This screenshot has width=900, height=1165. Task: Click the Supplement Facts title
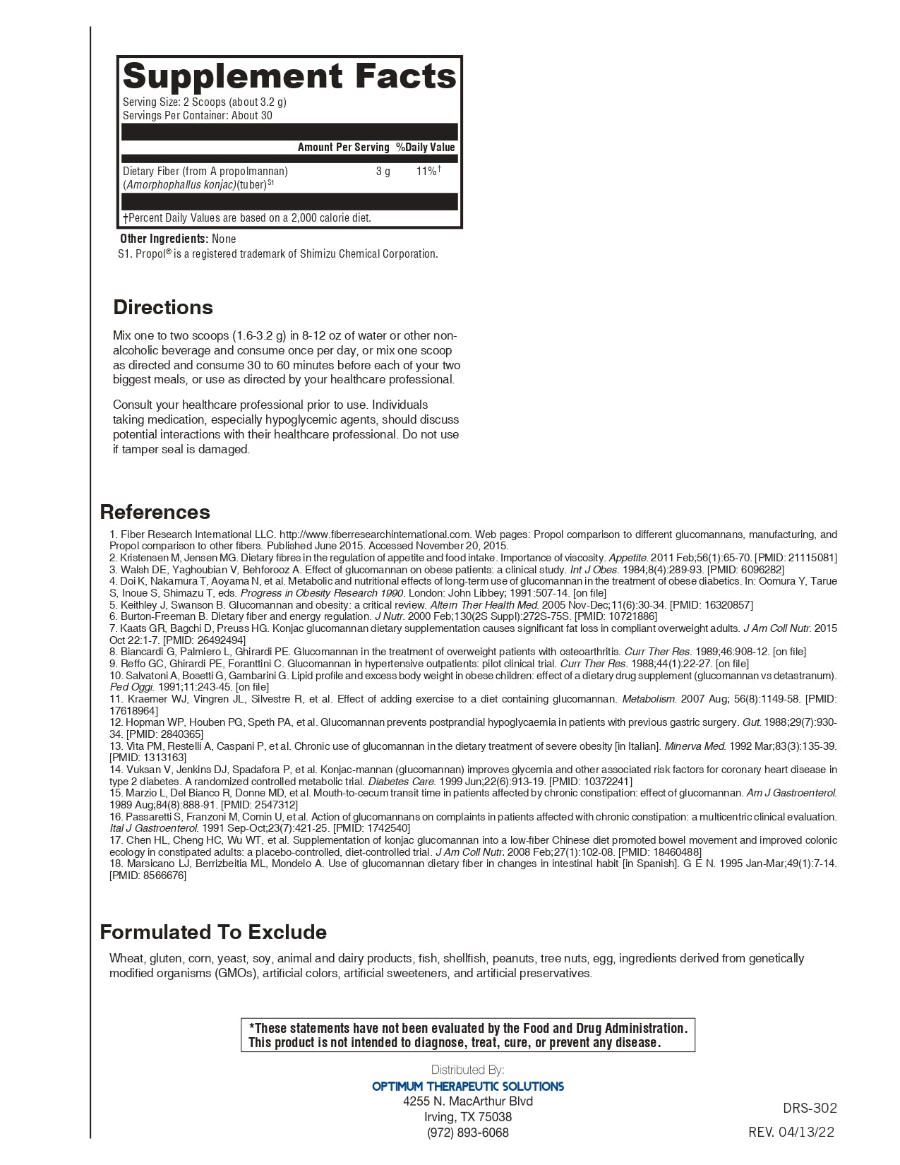(289, 76)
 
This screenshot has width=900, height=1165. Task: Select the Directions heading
(163, 307)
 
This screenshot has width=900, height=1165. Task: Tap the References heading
(155, 512)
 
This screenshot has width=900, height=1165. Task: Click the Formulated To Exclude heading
(213, 932)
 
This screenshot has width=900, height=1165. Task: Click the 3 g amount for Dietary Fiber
(383, 172)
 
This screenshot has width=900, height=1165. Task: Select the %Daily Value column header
(426, 147)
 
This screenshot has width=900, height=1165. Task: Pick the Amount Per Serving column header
(343, 147)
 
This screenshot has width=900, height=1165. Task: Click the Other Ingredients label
(164, 239)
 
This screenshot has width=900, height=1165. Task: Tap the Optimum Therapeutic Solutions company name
(468, 1086)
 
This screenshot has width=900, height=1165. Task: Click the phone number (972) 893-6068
(468, 1133)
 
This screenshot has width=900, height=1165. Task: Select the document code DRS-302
(810, 1108)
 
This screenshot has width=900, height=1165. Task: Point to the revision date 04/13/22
(806, 1132)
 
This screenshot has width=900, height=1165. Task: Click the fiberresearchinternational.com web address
(375, 534)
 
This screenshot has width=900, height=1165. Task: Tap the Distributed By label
(468, 1070)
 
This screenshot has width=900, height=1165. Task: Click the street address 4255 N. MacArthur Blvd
(468, 1101)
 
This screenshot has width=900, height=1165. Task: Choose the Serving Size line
(205, 102)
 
